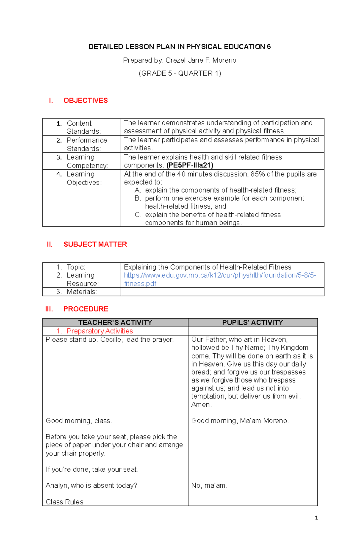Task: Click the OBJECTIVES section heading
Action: [x=85, y=100]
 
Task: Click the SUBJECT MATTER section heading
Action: [x=95, y=244]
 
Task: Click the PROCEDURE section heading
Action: [x=86, y=309]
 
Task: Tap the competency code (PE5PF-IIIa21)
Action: [x=190, y=165]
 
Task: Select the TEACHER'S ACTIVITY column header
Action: [x=115, y=323]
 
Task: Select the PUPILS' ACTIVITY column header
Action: [x=253, y=323]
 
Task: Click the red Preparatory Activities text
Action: [x=100, y=331]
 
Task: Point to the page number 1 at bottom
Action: [x=316, y=518]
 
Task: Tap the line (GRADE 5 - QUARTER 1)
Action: [x=180, y=73]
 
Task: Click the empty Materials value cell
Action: [x=222, y=292]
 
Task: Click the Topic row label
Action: [x=76, y=267]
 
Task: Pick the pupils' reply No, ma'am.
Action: [x=209, y=486]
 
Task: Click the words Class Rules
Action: [x=64, y=502]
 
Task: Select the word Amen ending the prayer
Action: [x=201, y=405]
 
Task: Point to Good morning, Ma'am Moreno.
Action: [x=240, y=421]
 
